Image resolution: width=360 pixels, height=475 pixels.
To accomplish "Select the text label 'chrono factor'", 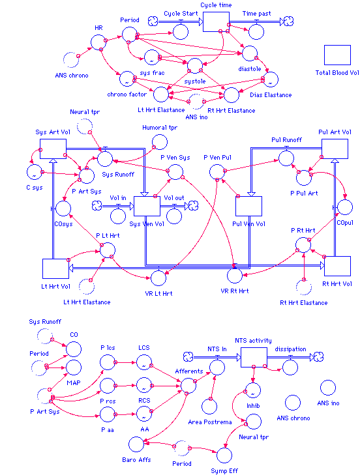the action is pyautogui.click(x=127, y=94).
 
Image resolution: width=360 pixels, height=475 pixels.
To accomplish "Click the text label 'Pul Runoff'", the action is pyautogui.click(x=286, y=139).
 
